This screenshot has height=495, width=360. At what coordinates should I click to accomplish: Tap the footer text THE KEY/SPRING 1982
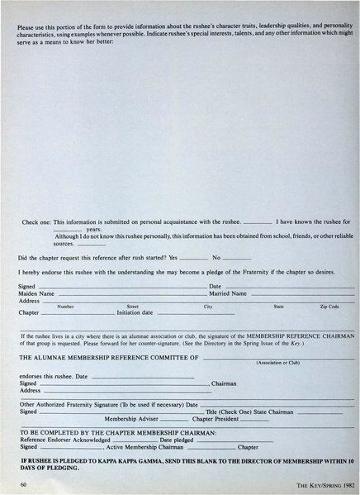click(x=311, y=482)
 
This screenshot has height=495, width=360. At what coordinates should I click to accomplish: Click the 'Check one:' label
click(x=36, y=222)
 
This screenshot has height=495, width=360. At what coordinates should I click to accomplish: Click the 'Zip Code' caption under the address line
click(x=329, y=307)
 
